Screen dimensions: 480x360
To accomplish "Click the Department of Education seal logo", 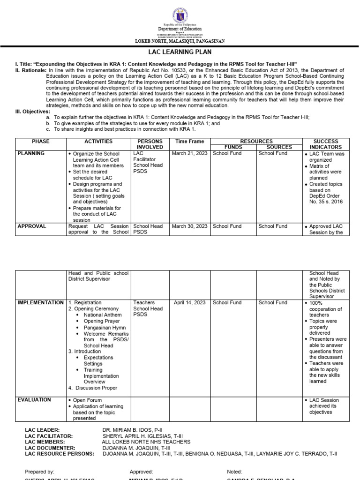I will (x=180, y=12).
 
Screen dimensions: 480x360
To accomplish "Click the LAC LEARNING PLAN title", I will (x=180, y=53).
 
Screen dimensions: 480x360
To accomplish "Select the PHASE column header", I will (x=41, y=141).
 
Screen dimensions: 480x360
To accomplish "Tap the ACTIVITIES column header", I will (x=98, y=141).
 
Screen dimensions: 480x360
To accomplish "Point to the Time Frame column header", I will (x=189, y=141).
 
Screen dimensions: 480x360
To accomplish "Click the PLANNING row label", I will (x=31, y=153).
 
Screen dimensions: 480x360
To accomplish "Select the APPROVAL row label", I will (x=32, y=226).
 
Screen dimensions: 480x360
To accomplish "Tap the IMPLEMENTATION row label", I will (x=41, y=303).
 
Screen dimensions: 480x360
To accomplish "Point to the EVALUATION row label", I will (x=34, y=400).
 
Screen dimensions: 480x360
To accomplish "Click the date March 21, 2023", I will (x=189, y=153).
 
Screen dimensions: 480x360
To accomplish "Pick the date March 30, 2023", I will (x=189, y=226).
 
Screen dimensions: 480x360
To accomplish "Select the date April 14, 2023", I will (x=189, y=303).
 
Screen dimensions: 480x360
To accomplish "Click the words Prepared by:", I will (x=39, y=472).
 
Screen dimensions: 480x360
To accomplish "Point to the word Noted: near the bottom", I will (x=234, y=472).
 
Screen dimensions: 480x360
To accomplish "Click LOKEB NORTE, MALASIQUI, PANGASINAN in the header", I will (x=180, y=41).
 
